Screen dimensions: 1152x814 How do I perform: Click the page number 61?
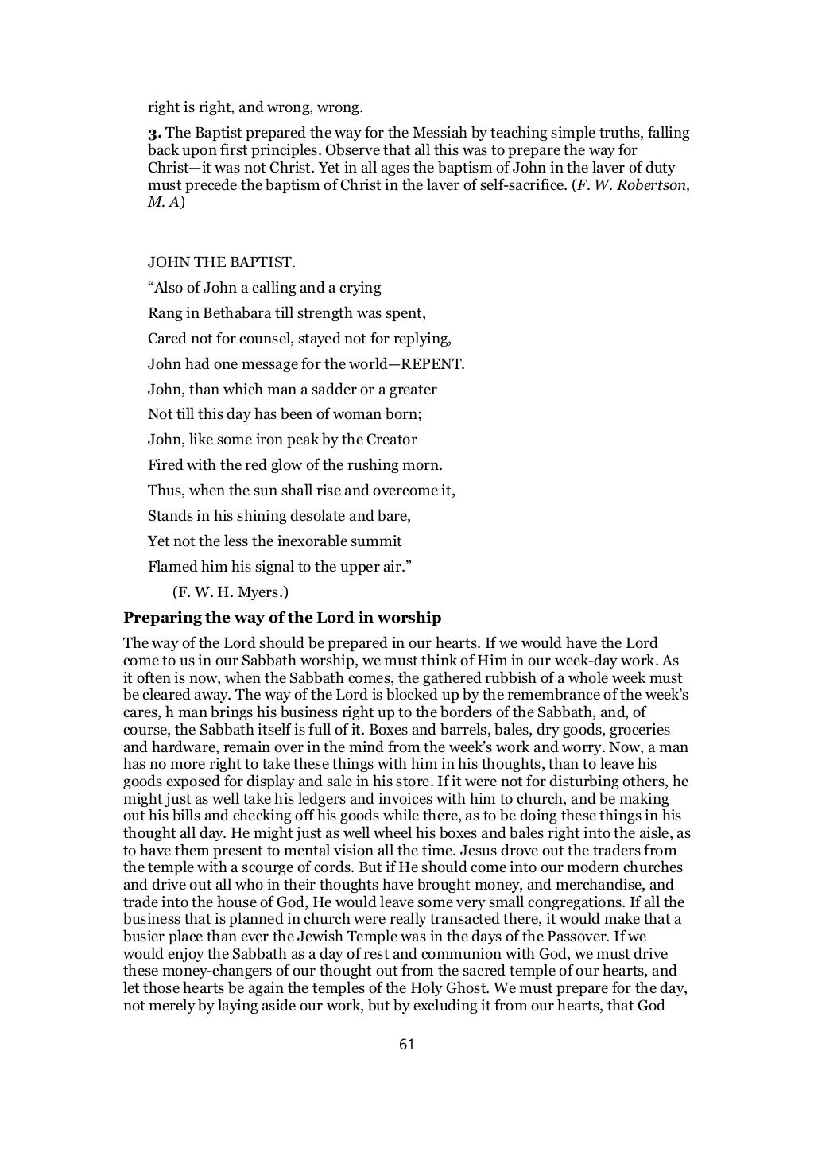pyautogui.click(x=406, y=1044)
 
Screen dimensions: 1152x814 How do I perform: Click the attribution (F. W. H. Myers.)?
pyautogui.click(x=225, y=592)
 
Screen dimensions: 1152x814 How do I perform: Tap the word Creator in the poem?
pyautogui.click(x=390, y=440)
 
